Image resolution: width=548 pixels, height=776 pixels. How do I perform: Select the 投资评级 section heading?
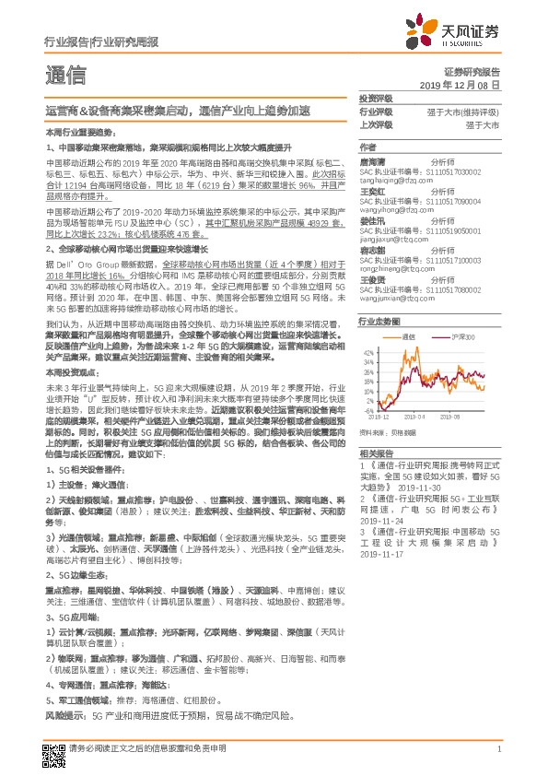coord(375,98)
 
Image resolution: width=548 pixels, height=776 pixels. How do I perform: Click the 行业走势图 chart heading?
coord(376,321)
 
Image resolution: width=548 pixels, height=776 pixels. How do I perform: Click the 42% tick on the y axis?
coord(367,352)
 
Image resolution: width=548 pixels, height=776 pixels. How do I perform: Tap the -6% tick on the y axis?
coord(368,411)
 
